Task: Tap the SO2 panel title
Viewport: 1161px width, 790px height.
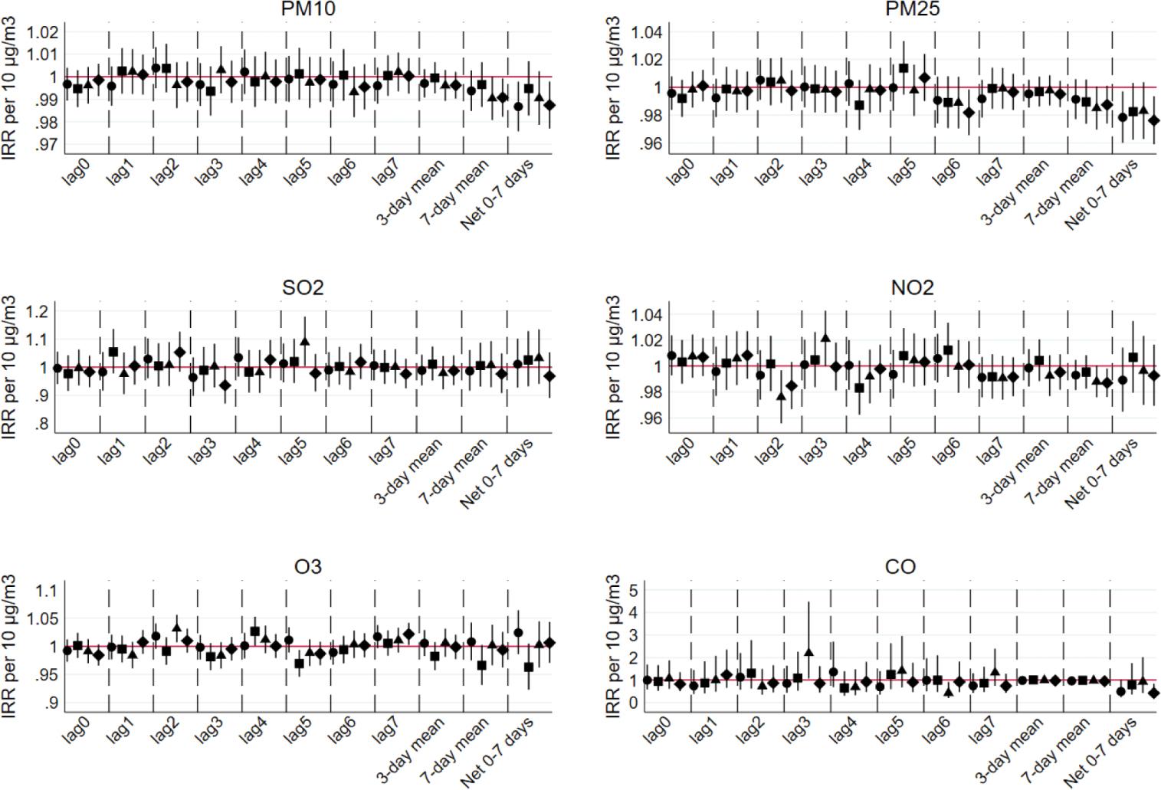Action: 303,288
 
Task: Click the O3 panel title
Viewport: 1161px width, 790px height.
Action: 307,567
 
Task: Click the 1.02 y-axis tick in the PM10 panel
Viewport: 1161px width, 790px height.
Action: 42,33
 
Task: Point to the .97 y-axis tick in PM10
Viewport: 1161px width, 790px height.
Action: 46,144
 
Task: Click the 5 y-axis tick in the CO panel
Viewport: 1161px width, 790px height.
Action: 635,590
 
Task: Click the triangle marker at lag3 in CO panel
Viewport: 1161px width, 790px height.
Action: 808,652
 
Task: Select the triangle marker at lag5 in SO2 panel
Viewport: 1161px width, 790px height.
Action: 305,342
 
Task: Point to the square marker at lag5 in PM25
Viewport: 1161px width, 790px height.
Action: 904,68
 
